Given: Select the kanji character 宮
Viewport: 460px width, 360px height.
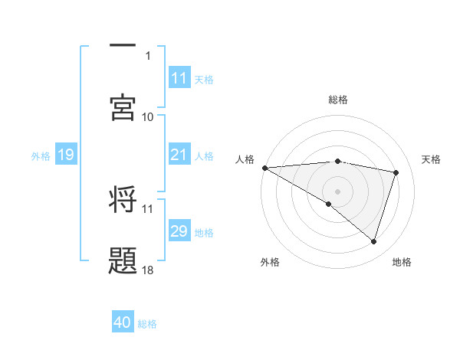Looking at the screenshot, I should (123, 106).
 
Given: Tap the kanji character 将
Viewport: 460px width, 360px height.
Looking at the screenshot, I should (123, 200).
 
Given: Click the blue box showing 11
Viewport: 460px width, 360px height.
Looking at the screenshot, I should (179, 78).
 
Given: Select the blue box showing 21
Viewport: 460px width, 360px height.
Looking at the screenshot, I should (179, 155).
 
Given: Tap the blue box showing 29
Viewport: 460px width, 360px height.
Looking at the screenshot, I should (179, 232).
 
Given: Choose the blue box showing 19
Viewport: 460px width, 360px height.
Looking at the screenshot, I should (66, 155).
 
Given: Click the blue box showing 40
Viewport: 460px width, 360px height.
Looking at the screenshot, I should (123, 323).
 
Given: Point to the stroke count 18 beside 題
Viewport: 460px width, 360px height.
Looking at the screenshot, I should (148, 270).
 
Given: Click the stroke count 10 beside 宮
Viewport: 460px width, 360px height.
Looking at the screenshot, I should (148, 116).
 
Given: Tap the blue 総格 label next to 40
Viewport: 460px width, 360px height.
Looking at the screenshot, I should (147, 324).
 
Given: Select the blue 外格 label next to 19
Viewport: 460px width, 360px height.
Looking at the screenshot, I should (41, 156).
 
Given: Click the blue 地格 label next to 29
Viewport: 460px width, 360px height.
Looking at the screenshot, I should (204, 233).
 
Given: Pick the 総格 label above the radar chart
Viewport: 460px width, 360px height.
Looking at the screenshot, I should (338, 100).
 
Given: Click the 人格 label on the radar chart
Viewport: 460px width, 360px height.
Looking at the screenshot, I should (245, 159).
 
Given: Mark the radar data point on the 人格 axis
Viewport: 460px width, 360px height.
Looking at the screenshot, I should (264, 168).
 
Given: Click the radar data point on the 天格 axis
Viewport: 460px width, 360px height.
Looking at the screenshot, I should (396, 172).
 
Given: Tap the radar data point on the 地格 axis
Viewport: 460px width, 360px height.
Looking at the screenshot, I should (373, 242).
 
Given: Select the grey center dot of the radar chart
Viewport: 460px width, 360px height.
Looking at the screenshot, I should (337, 191).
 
